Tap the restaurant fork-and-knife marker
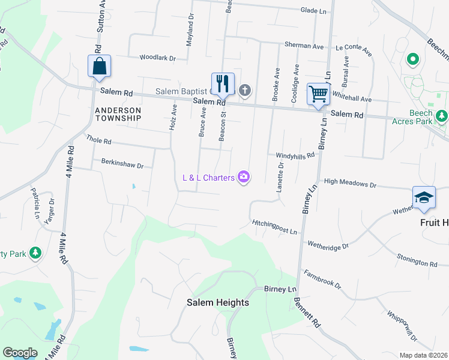click(223, 84)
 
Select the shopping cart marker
click(318, 94)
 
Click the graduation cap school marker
click(423, 199)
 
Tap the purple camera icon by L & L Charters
click(244, 177)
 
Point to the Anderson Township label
click(118, 114)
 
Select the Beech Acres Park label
click(429, 117)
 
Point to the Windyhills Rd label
click(295, 155)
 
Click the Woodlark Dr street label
click(157, 58)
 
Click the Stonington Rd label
click(417, 260)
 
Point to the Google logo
click(20, 353)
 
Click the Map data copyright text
click(424, 355)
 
